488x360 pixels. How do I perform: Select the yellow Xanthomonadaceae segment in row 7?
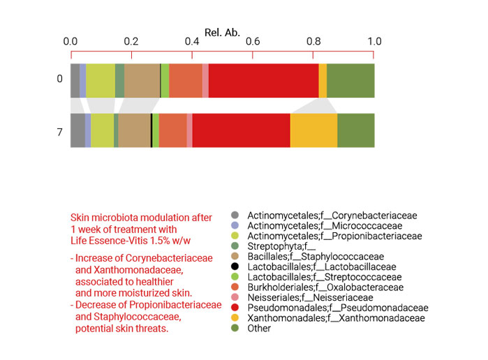[313, 130]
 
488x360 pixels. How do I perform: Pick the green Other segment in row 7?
[355, 130]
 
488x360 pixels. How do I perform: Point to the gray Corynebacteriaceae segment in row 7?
[77, 130]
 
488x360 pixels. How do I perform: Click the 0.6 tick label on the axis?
[253, 43]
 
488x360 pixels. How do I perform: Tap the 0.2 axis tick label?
[131, 43]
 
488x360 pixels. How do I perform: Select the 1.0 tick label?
[374, 43]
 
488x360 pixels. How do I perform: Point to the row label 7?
[59, 130]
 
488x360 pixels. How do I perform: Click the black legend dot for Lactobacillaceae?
[235, 267]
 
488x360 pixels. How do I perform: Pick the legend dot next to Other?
[235, 327]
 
